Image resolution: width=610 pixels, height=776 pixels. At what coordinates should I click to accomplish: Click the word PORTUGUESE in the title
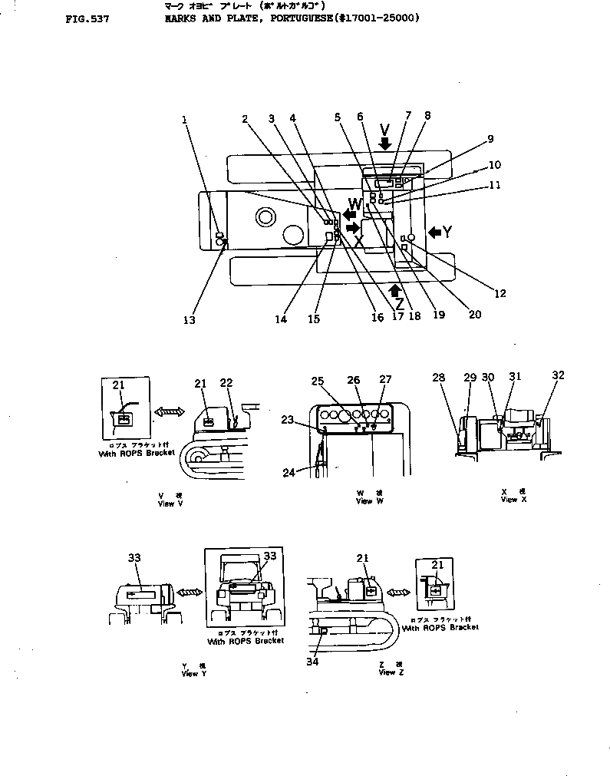pyautogui.click(x=295, y=18)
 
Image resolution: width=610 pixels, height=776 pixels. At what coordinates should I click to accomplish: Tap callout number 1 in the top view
pyautogui.click(x=185, y=120)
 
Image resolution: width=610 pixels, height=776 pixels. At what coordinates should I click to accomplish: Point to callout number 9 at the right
pyautogui.click(x=490, y=140)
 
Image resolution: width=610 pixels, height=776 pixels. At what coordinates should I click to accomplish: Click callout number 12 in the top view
pyautogui.click(x=500, y=292)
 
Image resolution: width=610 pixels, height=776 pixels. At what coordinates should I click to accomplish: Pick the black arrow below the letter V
pyautogui.click(x=384, y=144)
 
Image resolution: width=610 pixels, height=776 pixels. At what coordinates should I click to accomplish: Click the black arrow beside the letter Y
pyautogui.click(x=434, y=231)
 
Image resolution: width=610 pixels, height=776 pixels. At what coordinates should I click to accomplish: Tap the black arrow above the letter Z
pyautogui.click(x=395, y=289)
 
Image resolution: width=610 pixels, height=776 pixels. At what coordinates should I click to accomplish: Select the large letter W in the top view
pyautogui.click(x=355, y=204)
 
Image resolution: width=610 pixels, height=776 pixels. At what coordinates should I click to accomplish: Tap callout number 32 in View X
pyautogui.click(x=558, y=375)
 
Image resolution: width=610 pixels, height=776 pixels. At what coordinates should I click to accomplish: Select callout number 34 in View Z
pyautogui.click(x=312, y=662)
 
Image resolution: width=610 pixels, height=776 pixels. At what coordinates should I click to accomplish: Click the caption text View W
pyautogui.click(x=364, y=501)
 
